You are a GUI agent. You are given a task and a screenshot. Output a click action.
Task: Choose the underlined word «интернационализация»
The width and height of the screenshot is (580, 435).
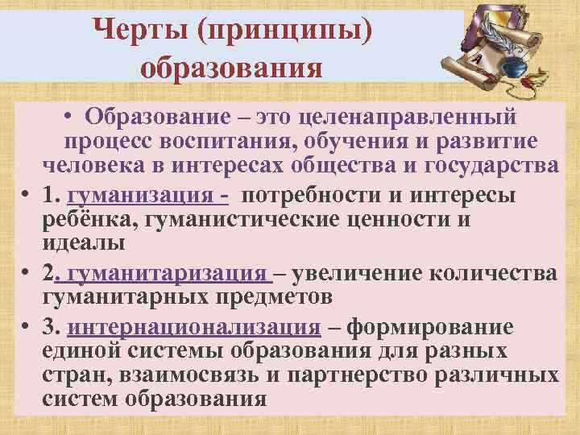(195, 329)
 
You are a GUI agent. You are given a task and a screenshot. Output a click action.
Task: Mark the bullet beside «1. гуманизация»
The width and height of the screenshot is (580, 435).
(27, 197)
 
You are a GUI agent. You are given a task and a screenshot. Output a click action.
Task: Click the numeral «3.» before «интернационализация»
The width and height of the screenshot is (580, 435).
(54, 329)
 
